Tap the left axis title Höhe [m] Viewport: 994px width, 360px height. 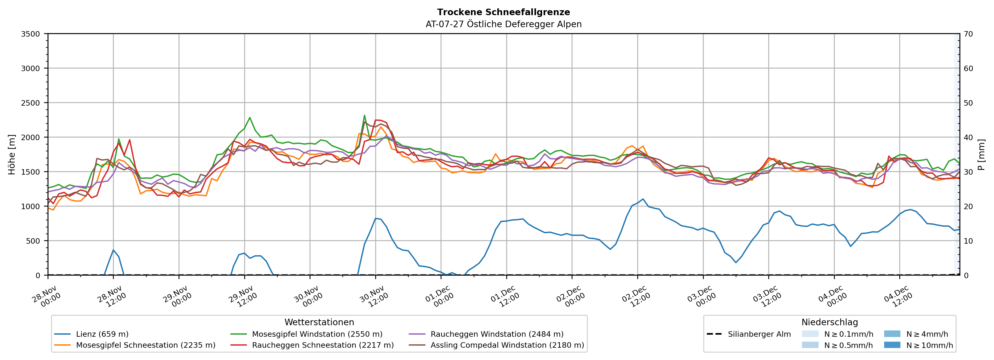pos(12,154)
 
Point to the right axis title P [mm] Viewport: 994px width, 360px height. pos(981,154)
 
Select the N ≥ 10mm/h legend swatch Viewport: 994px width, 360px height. pos(892,345)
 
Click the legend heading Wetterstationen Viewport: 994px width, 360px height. pos(319,322)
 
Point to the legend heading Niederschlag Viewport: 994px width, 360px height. pos(830,322)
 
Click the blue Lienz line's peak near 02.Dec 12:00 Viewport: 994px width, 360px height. pos(643,199)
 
